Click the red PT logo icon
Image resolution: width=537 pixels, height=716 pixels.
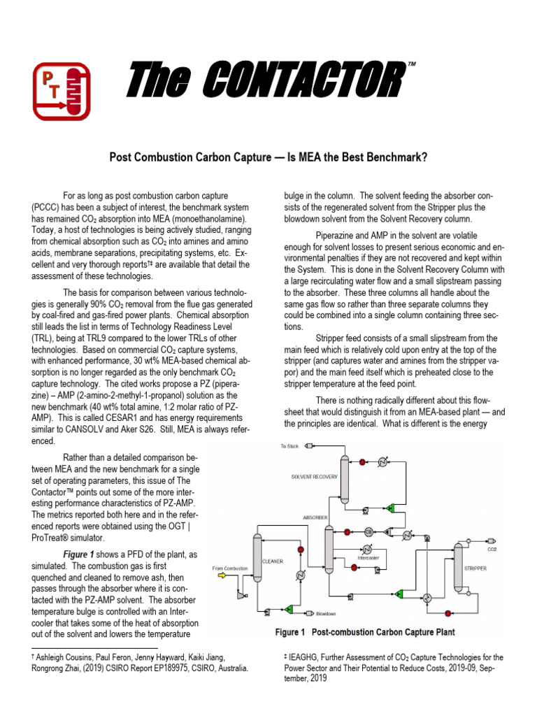click(62, 91)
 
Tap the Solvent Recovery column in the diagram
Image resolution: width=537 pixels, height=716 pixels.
click(345, 479)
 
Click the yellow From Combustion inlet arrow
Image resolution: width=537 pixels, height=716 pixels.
click(223, 575)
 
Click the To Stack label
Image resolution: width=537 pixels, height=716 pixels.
click(289, 445)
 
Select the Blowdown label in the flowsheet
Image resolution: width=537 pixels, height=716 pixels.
click(327, 613)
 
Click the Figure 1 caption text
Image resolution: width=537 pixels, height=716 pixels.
click(365, 632)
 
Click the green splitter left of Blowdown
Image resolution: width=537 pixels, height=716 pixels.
click(289, 610)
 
